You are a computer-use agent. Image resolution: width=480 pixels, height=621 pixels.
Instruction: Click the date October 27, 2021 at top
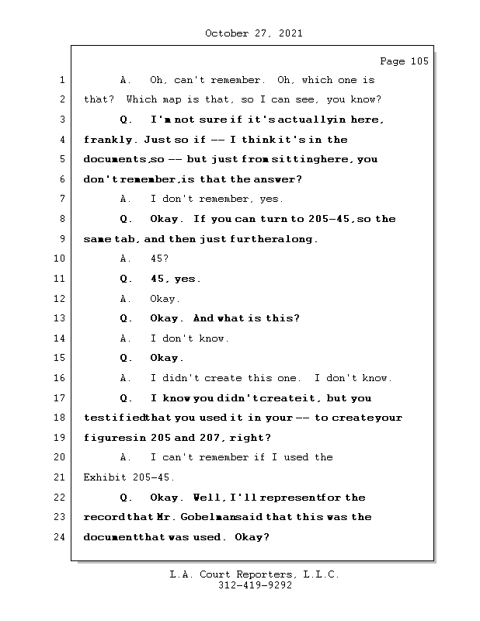pos(254,33)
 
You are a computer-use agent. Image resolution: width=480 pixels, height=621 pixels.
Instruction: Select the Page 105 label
pos(405,61)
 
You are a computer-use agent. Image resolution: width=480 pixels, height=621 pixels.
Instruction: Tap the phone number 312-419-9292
pos(256,585)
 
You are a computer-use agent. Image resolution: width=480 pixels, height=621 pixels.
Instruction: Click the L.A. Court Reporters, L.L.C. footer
pos(255,574)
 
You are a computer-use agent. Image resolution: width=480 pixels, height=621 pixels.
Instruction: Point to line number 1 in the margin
pos(62,80)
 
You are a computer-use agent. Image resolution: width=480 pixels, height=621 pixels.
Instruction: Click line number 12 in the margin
pos(59,299)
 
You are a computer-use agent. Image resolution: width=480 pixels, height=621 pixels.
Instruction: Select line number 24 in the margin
pos(59,537)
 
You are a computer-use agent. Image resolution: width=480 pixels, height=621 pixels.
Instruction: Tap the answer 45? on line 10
pos(160,258)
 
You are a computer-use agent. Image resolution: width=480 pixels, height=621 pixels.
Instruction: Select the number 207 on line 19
pos(210,438)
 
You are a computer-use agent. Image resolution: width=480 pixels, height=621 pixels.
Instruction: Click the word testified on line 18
pos(114,418)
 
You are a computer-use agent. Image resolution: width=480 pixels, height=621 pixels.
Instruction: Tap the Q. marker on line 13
pos(126,318)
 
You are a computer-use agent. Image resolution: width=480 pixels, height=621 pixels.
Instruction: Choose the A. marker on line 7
pos(126,199)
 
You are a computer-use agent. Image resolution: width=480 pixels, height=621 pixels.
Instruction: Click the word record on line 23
pos(105,517)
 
